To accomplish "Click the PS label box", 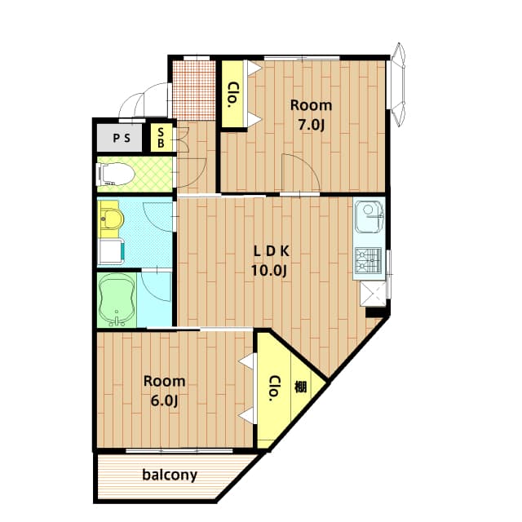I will point(121,138).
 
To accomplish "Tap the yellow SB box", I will point(161,138).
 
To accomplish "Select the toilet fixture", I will point(114,174).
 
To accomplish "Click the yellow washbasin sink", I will point(110,219).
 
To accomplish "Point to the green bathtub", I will point(115,299).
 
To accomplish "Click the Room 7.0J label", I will point(311,113).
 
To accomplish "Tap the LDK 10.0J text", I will point(269,260).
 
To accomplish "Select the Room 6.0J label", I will point(164,390).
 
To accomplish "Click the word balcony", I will point(169,475).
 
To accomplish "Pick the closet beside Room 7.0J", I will point(233,94).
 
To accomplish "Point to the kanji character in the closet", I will point(301,387).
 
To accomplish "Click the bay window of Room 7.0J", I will point(399,85).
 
